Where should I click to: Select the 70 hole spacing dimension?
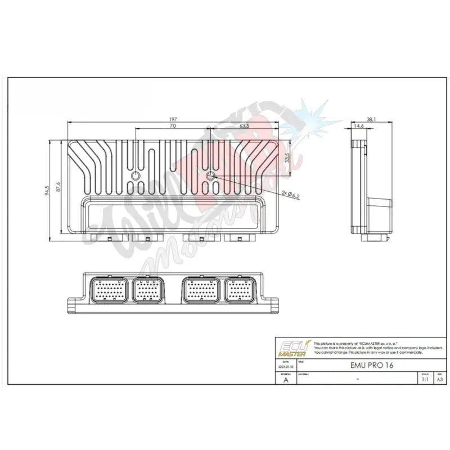click(x=172, y=127)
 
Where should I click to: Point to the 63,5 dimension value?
click(x=244, y=127)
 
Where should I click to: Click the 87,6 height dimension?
click(x=58, y=187)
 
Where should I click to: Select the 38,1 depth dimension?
click(x=371, y=119)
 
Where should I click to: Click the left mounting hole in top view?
click(x=136, y=177)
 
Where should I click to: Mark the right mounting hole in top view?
click(x=211, y=177)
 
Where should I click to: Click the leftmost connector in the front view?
click(x=107, y=290)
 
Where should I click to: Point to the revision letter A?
click(x=285, y=380)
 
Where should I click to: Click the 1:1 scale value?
click(x=424, y=379)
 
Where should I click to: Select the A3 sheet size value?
click(x=439, y=379)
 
